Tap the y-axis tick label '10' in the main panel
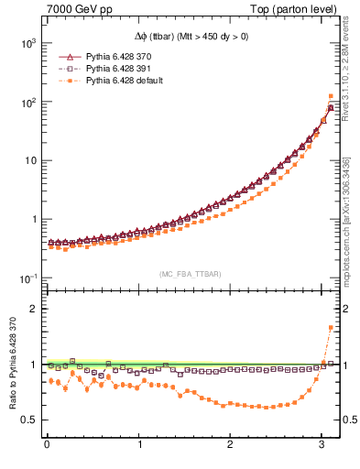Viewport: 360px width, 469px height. coord(29,161)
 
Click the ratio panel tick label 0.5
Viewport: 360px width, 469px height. coord(28,420)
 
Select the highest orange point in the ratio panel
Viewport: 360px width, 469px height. coord(330,328)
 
